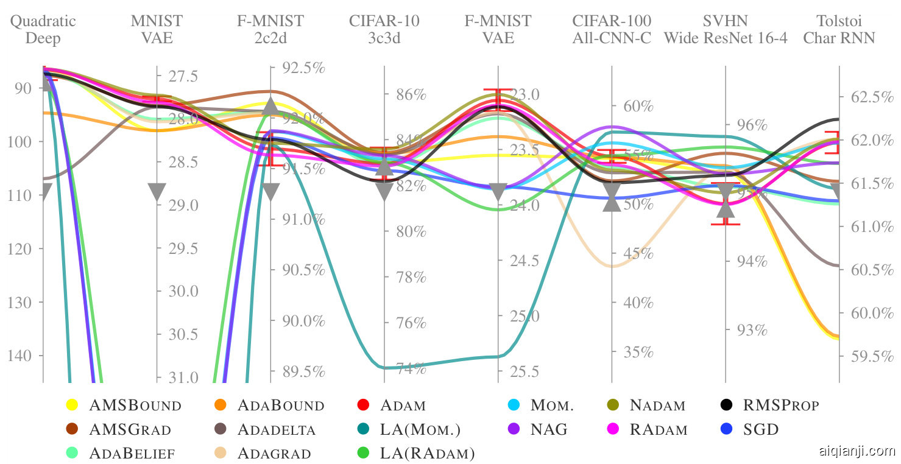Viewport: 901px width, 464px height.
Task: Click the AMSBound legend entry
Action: tap(135, 405)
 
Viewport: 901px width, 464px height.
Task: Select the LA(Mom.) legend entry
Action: tap(420, 429)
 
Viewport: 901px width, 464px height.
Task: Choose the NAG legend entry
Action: tap(548, 429)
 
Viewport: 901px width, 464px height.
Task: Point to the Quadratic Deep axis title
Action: tap(43, 30)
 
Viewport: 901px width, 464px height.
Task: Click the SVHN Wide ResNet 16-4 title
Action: tap(726, 30)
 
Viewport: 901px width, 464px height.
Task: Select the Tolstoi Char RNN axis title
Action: tap(839, 30)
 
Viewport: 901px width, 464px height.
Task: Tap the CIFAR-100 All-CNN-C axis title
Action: tap(612, 30)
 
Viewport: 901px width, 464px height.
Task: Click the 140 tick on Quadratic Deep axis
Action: tap(24, 356)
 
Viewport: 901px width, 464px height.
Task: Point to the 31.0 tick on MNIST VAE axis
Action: tap(183, 378)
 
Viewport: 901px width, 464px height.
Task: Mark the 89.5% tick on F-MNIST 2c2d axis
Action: tap(303, 371)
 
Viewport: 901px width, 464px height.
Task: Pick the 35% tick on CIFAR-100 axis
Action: tap(638, 352)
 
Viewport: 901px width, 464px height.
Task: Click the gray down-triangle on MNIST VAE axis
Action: tap(157, 192)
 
